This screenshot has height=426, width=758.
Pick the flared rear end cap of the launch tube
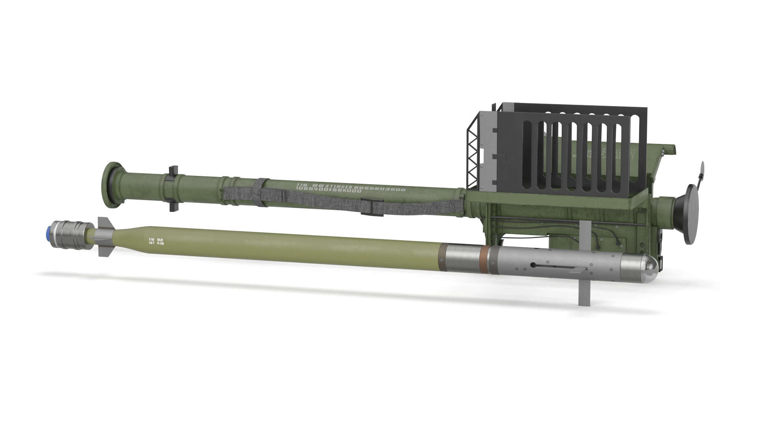coord(112,185)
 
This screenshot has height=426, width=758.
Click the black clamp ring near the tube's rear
coord(173,188)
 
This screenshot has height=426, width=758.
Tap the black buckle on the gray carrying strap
coord(372,208)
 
